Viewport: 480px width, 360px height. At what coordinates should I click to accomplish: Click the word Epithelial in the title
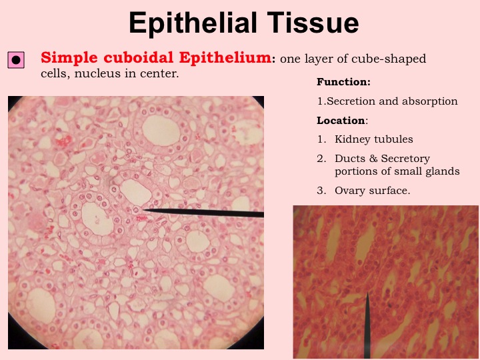(x=193, y=23)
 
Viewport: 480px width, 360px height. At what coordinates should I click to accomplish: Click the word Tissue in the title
(x=313, y=23)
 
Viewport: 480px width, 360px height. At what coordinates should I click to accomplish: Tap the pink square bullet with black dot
(x=16, y=60)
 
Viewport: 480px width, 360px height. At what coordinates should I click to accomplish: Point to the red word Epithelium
(x=225, y=58)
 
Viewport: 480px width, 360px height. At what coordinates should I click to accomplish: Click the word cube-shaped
(x=389, y=59)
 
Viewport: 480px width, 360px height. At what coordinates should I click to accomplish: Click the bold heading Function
(x=343, y=82)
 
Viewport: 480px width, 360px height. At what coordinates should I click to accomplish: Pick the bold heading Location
(x=341, y=120)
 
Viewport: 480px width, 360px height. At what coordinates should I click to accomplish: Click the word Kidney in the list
(x=353, y=139)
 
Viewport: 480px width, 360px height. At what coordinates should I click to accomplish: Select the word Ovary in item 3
(x=350, y=191)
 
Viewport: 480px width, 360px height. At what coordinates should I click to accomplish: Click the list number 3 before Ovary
(x=321, y=191)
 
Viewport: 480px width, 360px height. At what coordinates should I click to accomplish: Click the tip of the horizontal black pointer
(x=143, y=210)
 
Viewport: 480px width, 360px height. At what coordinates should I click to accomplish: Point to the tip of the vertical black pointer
(x=367, y=292)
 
